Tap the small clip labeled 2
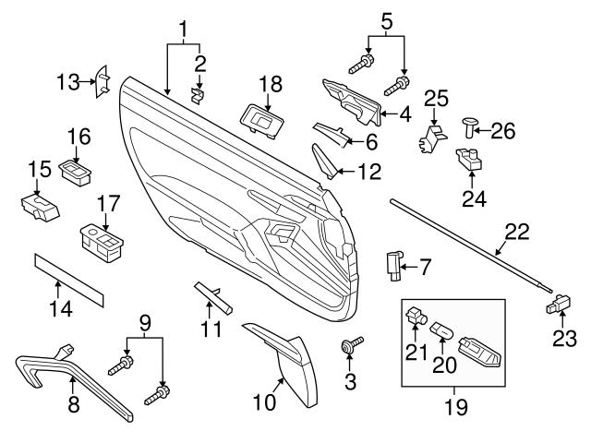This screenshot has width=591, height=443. [196, 92]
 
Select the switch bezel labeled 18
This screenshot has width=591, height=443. [260, 118]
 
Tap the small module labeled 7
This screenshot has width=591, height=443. [395, 264]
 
